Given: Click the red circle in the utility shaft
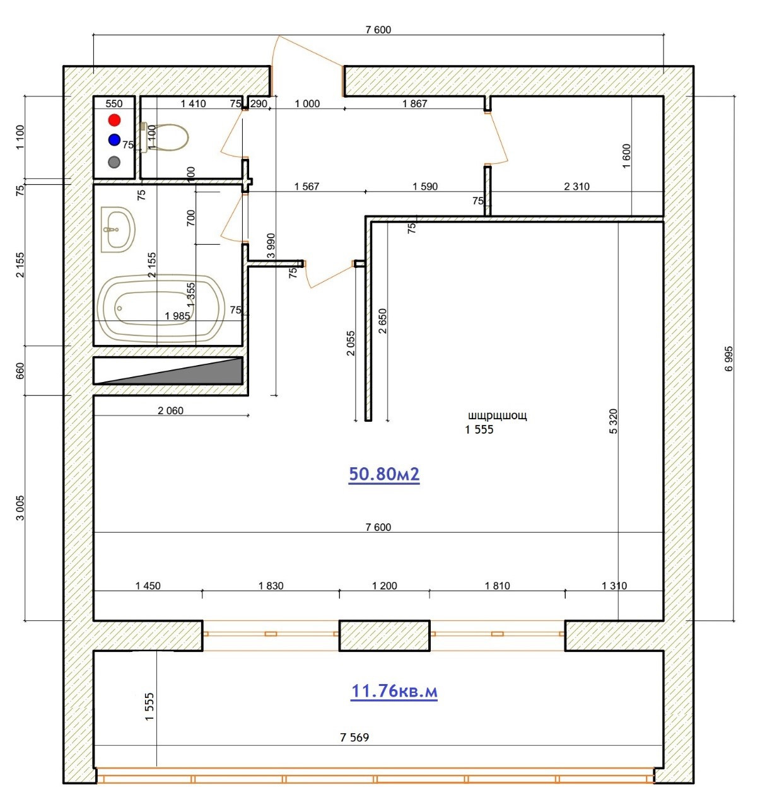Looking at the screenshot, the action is pyautogui.click(x=114, y=120).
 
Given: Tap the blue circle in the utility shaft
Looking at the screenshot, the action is pyautogui.click(x=114, y=140).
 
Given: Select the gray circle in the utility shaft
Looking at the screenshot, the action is pyautogui.click(x=114, y=162).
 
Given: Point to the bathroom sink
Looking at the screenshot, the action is pyautogui.click(x=118, y=229).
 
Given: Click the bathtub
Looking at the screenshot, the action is pyautogui.click(x=161, y=308).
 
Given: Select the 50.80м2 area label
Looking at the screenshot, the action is pyautogui.click(x=383, y=474).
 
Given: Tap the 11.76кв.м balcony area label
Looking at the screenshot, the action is pyautogui.click(x=394, y=691).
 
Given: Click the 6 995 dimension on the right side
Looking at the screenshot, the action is pyautogui.click(x=729, y=359).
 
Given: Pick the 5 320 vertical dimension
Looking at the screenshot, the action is pyautogui.click(x=613, y=421).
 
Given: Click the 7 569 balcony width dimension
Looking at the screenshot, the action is pyautogui.click(x=354, y=737).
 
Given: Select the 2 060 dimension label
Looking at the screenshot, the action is pyautogui.click(x=170, y=410).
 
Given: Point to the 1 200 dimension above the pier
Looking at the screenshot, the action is pyautogui.click(x=384, y=586).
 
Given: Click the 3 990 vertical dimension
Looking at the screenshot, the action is pyautogui.click(x=271, y=246).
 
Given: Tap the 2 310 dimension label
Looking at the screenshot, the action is pyautogui.click(x=576, y=187).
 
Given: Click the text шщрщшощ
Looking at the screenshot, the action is pyautogui.click(x=498, y=415).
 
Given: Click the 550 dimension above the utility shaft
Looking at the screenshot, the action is pyautogui.click(x=114, y=103).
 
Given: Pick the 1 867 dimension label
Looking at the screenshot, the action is pyautogui.click(x=414, y=103).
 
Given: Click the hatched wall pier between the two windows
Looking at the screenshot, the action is pyautogui.click(x=384, y=636).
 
